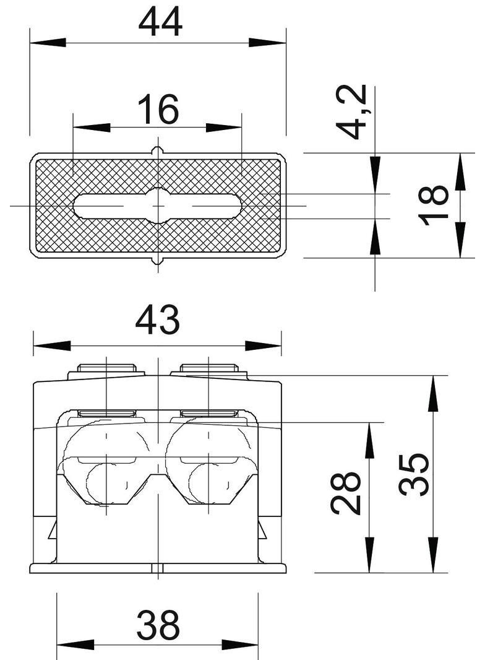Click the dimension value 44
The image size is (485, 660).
pyautogui.click(x=160, y=23)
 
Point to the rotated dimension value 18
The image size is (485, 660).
pyautogui.click(x=432, y=205)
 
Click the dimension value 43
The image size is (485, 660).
pyautogui.click(x=157, y=320)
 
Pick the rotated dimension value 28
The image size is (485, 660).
pyautogui.click(x=346, y=493)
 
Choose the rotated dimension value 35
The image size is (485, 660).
pyautogui.click(x=414, y=474)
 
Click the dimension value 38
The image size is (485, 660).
pyautogui.click(x=158, y=625)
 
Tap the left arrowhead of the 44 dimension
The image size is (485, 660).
pyautogui.click(x=48, y=43)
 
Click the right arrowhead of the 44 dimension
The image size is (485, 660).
pyautogui.click(x=267, y=43)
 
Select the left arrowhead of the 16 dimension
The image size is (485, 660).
pyautogui.click(x=92, y=128)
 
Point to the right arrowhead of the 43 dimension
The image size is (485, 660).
pyautogui.click(x=264, y=346)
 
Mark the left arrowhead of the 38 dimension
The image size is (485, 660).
pyautogui.click(x=75, y=645)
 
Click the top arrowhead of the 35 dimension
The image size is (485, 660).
pyautogui.click(x=433, y=393)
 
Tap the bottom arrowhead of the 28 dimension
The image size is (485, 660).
pyautogui.click(x=369, y=555)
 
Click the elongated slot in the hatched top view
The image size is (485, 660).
pyautogui.click(x=157, y=206)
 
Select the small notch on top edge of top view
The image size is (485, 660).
pyautogui.click(x=158, y=150)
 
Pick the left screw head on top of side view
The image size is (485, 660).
pyautogui.click(x=106, y=369)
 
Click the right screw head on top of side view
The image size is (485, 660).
pyautogui.click(x=209, y=369)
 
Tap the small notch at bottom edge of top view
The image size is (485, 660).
pyautogui.click(x=158, y=261)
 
